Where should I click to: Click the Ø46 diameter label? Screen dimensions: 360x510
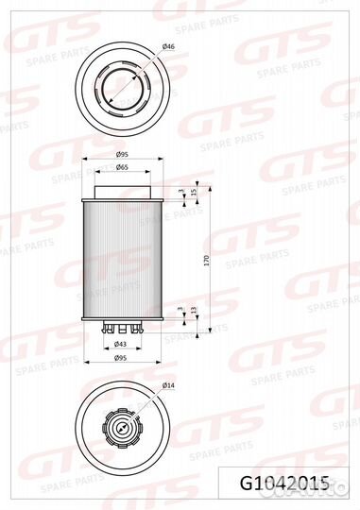point(168,47)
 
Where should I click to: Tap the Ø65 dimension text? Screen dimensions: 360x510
point(122,167)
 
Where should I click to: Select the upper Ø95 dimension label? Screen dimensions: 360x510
point(122,155)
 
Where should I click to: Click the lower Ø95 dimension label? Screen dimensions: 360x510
point(120,358)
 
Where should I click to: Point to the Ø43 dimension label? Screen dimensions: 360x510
point(120,344)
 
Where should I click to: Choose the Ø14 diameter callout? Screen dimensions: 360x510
point(168,385)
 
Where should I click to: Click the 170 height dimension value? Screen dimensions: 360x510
point(207,262)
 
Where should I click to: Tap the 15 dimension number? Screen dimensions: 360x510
point(194,192)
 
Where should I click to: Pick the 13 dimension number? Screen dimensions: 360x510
point(194,310)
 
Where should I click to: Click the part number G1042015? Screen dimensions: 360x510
point(284,484)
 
